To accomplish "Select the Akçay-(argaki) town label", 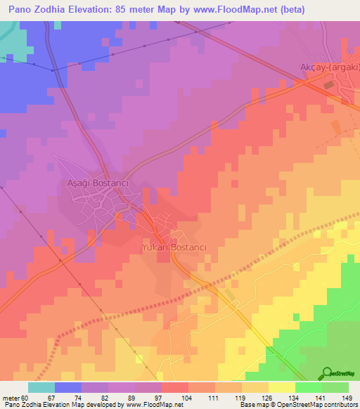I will (x=326, y=70).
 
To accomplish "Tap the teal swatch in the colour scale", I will (x=41, y=387).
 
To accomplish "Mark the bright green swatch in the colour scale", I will (x=309, y=387).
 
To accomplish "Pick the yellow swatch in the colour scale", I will (x=282, y=387).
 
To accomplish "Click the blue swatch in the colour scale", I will (x=68, y=387).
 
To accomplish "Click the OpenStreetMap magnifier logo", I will (x=328, y=372).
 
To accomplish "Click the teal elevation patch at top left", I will (x=10, y=39).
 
